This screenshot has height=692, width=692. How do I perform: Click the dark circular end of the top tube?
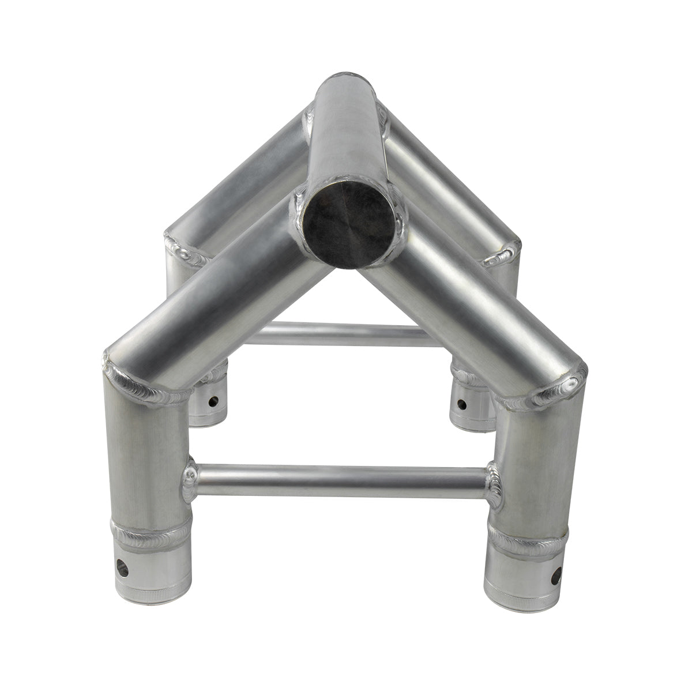point(351,231)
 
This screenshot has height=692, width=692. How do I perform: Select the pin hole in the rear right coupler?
point(462,403)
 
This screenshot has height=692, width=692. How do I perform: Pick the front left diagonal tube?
point(213,300)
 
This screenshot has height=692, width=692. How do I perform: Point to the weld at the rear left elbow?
point(185,251)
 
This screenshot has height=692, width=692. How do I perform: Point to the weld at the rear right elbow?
point(502,254)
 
